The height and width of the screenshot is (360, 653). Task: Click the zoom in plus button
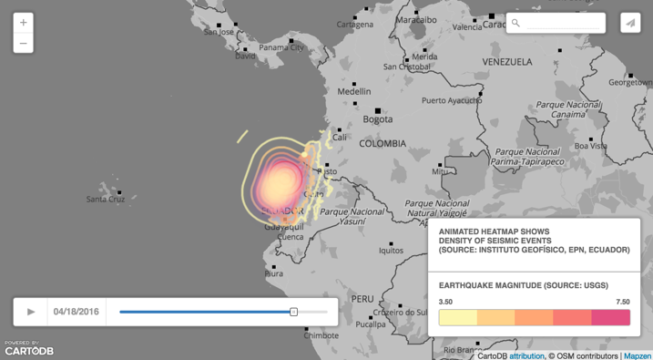[24, 22]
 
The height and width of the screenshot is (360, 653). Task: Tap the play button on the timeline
[31, 312]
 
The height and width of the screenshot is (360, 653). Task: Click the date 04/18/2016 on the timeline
[77, 312]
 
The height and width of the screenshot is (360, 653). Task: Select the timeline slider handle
[293, 312]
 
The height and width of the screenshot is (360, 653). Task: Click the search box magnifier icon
[516, 23]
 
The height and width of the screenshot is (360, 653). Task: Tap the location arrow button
[630, 23]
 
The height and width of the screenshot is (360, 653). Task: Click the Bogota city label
[378, 118]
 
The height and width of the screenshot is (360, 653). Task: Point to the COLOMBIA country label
[383, 144]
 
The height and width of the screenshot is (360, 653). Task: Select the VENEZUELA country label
[507, 62]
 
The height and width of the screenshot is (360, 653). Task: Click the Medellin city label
[354, 91]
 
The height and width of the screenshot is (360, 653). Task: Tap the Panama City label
[281, 47]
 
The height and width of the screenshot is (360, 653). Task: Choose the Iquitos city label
[392, 251]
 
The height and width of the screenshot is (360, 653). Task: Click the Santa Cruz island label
[106, 199]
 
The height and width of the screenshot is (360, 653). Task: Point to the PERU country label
[362, 298]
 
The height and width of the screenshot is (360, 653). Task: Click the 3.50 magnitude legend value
[445, 302]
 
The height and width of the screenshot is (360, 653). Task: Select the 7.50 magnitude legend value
[622, 302]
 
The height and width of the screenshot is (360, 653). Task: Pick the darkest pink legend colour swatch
[610, 317]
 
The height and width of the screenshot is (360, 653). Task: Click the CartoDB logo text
[29, 351]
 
